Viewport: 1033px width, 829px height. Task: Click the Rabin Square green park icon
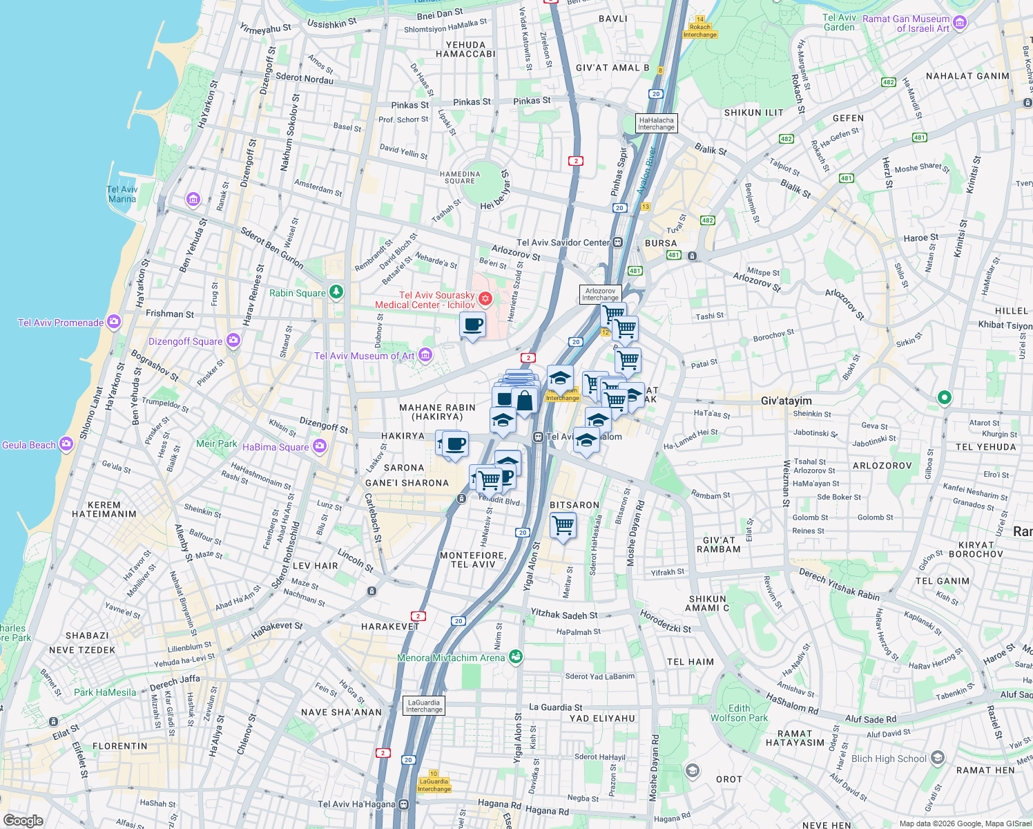tap(336, 292)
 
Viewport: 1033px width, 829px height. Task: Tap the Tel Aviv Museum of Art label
tap(365, 356)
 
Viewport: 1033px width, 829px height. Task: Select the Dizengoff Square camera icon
tap(233, 341)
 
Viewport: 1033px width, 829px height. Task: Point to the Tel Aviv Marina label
tap(122, 194)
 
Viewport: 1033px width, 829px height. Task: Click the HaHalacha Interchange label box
tap(656, 124)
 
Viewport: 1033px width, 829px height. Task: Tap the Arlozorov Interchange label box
tap(600, 294)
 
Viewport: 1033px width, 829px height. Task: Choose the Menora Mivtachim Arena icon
tap(515, 657)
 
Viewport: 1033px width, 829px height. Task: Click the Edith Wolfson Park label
tap(739, 713)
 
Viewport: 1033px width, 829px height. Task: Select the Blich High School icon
tap(937, 758)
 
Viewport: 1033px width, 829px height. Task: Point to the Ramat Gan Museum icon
tap(960, 24)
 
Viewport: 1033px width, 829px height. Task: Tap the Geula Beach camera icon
tap(66, 444)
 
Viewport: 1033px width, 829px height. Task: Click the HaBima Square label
tap(276, 447)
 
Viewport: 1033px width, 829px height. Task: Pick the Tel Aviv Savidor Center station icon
tap(617, 242)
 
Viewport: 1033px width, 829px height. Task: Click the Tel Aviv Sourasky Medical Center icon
tap(485, 298)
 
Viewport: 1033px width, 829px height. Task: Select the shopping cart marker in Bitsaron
tap(563, 525)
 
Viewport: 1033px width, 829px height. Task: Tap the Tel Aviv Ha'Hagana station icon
tap(403, 804)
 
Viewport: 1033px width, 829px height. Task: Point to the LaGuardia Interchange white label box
tap(424, 706)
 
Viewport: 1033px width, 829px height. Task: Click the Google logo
tap(23, 821)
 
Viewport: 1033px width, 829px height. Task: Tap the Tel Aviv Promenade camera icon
tap(114, 322)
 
